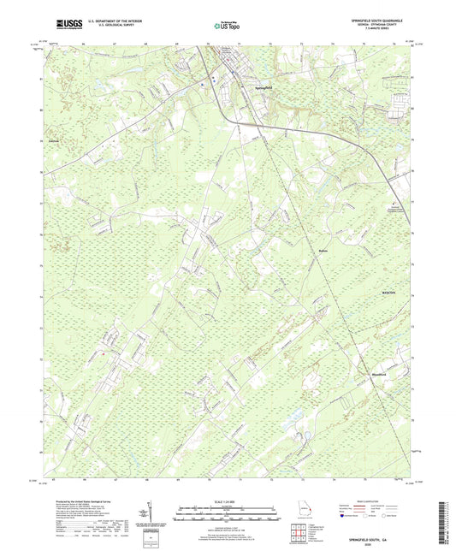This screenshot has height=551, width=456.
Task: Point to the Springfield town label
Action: click(264, 88)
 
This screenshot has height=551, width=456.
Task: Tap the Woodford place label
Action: click(382, 374)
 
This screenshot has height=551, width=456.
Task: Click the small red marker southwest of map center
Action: click(102, 354)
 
